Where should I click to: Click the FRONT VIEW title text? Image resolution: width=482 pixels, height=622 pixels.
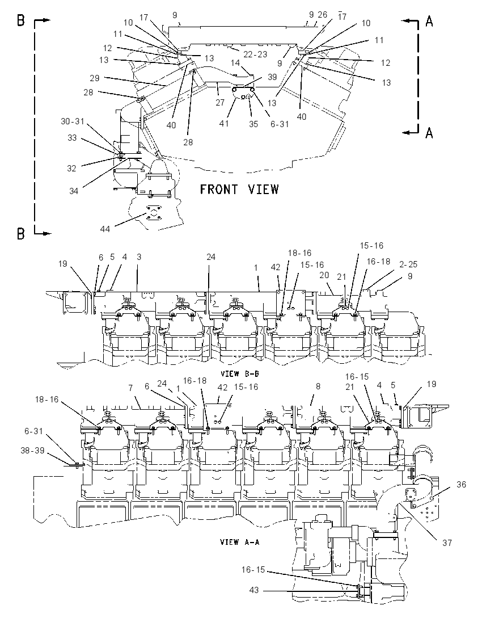239,189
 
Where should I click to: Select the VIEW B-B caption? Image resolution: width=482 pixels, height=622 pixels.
240,373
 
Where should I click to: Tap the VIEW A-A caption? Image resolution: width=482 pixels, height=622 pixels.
239,541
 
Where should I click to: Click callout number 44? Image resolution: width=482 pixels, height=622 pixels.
105,229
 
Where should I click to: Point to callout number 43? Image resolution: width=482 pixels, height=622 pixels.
253,590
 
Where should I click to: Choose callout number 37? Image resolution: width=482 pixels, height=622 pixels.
447,543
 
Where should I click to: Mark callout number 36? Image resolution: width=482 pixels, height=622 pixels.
462,484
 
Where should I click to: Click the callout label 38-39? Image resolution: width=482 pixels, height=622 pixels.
32,450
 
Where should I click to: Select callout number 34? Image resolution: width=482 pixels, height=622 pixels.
74,191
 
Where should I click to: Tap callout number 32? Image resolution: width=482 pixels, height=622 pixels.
71,168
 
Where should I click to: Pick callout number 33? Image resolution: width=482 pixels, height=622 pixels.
72,138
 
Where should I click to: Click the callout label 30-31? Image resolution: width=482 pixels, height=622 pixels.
73,121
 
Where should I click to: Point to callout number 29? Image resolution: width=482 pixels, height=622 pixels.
94,78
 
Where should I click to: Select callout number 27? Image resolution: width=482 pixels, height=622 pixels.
220,102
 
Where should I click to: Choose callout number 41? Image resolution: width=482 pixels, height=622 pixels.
224,123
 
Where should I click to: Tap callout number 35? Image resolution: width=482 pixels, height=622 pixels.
253,124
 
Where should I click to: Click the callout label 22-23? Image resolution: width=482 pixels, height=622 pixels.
255,54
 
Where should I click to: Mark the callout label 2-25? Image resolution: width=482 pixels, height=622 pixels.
408,264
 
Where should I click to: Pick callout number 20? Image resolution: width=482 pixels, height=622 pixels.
324,275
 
